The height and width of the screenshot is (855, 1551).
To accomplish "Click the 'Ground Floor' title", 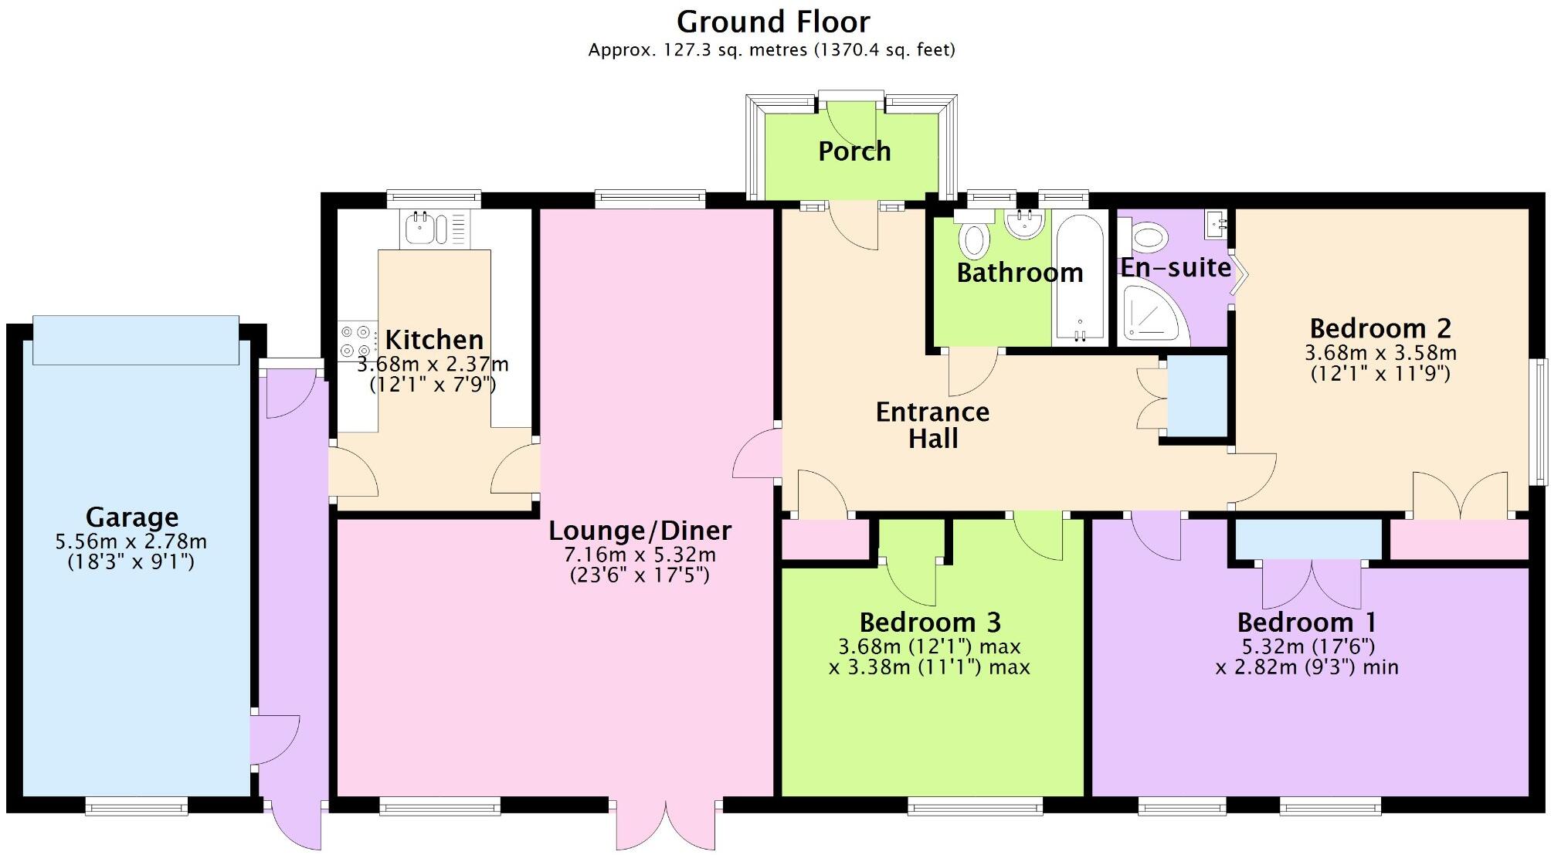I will [773, 22].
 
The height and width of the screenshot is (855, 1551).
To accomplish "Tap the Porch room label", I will [854, 151].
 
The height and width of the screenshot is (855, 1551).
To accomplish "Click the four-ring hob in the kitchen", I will [357, 341].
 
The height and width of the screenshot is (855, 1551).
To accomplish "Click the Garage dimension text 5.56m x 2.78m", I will [131, 542].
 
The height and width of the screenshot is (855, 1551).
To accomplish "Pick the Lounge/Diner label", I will [640, 531].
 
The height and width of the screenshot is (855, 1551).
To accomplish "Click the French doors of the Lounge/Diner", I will [666, 825].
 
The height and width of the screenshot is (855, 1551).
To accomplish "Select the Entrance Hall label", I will [932, 425].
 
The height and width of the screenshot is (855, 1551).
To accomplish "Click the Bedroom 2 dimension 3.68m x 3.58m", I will [1380, 353].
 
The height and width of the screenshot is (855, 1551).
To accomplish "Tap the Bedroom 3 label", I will [930, 622].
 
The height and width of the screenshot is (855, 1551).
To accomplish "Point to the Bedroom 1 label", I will [1306, 622].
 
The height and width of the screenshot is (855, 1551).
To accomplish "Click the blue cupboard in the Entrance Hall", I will [1196, 396].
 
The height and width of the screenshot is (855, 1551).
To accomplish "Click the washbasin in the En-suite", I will [1217, 225].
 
